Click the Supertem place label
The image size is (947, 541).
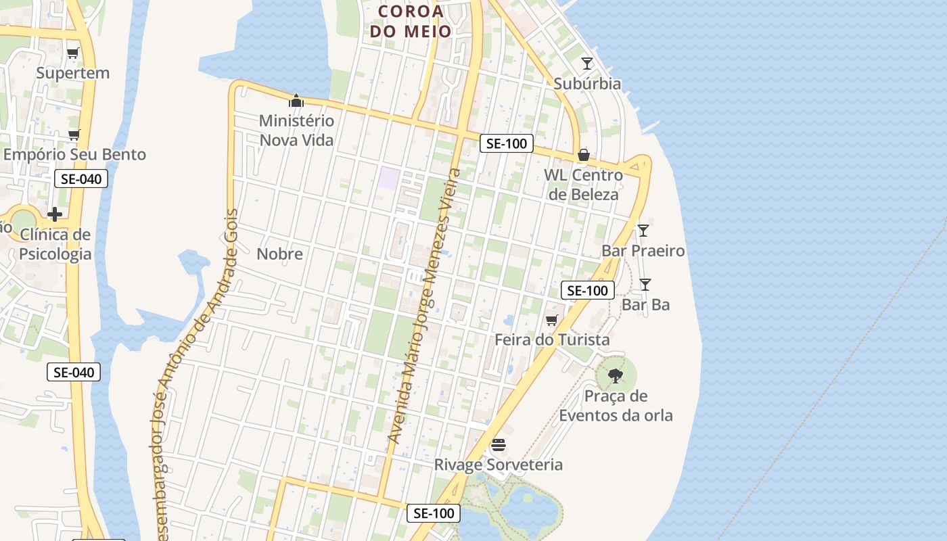coord(72,73)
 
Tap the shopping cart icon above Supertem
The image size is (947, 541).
coord(73,53)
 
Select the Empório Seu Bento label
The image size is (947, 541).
coord(74,154)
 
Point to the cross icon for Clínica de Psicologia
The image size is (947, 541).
coord(55,214)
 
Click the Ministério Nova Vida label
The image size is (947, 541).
coord(296,131)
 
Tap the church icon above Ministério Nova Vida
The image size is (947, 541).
coord(296,101)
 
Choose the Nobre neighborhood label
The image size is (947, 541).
coord(279,254)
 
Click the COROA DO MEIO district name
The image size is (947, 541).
coord(411,21)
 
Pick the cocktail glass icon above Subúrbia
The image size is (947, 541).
coord(586,64)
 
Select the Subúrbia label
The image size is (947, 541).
coord(586,84)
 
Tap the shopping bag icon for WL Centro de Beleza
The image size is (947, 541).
coord(583,155)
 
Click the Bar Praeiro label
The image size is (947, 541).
coord(643,251)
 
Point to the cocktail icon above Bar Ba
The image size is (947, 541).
coord(645,285)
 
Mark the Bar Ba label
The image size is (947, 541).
coord(645,305)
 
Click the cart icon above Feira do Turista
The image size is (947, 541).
coord(552,320)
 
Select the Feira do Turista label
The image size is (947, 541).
coord(552,339)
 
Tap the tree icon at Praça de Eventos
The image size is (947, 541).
coord(616,375)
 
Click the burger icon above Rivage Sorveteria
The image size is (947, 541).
coord(499,445)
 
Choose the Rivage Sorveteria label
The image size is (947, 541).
coord(498,465)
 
